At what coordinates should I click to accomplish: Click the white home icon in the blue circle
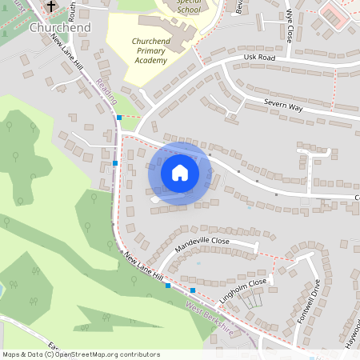click(179, 172)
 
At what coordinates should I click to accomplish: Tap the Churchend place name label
click(58, 26)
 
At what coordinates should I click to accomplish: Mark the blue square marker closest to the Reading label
click(119, 118)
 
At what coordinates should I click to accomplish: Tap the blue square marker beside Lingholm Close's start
click(193, 289)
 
